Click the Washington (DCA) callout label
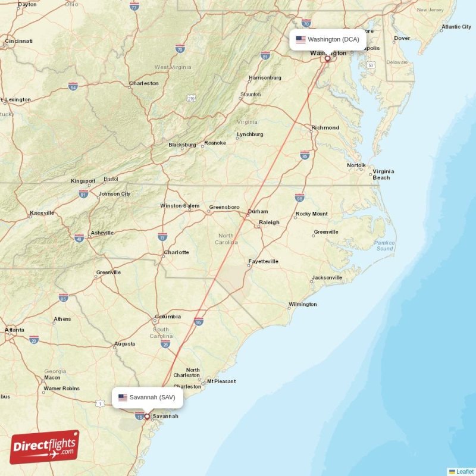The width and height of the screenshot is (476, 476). pyautogui.click(x=328, y=40)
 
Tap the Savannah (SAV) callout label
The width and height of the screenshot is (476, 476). pyautogui.click(x=147, y=397)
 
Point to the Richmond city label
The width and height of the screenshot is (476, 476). pyautogui.click(x=325, y=127)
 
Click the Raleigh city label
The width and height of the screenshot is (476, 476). pyautogui.click(x=269, y=223)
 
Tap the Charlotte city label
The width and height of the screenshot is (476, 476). pyautogui.click(x=177, y=252)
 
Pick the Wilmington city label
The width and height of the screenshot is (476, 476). pyautogui.click(x=303, y=304)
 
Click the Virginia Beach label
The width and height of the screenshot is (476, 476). pyautogui.click(x=383, y=174)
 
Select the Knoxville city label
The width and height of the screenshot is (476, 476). pyautogui.click(x=42, y=212)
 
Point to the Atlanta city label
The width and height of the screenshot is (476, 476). pyautogui.click(x=14, y=330)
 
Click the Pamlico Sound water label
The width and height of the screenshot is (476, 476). pyautogui.click(x=384, y=245)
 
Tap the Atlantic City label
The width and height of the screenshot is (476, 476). pyautogui.click(x=456, y=27)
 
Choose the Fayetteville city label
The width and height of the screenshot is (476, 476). pyautogui.click(x=264, y=261)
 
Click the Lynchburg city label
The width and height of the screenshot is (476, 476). pyautogui.click(x=250, y=134)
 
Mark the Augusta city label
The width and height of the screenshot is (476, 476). pyautogui.click(x=124, y=343)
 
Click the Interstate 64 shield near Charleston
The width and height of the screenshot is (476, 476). pyautogui.click(x=73, y=86)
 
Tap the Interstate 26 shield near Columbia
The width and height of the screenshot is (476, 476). pyautogui.click(x=165, y=344)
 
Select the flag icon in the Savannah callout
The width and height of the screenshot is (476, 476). pyautogui.click(x=123, y=397)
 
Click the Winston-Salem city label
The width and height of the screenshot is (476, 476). pyautogui.click(x=180, y=206)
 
